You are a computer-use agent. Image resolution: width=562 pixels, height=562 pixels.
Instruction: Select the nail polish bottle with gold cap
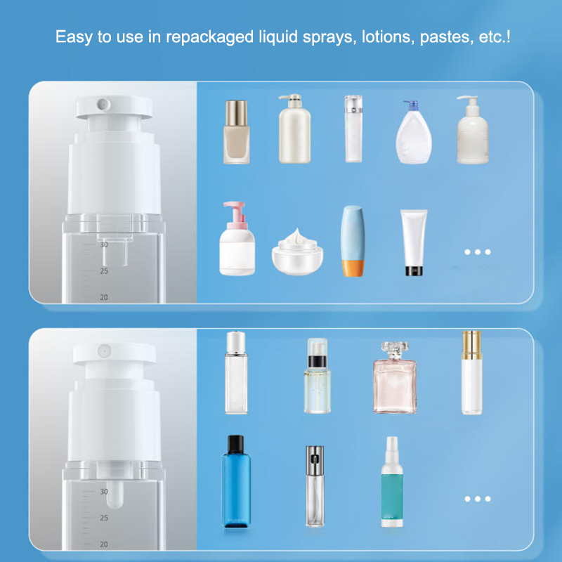click(x=236, y=132)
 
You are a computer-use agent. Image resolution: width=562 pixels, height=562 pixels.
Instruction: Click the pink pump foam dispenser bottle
click(x=237, y=238)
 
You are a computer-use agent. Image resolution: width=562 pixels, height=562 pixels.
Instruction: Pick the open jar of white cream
click(x=297, y=252)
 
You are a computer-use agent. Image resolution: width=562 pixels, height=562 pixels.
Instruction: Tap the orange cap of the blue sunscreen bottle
click(x=353, y=268)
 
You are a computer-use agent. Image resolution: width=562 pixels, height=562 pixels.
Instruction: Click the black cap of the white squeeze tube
click(x=414, y=271)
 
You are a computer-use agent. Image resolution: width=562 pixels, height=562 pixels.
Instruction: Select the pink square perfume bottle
click(x=395, y=377)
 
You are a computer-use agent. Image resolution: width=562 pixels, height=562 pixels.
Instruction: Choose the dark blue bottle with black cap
click(x=237, y=481)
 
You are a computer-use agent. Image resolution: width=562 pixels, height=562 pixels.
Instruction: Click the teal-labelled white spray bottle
click(x=392, y=482)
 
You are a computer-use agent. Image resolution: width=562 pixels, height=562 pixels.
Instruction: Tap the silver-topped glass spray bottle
click(x=315, y=486)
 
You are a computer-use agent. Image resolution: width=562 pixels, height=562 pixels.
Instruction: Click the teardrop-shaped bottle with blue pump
click(x=414, y=132)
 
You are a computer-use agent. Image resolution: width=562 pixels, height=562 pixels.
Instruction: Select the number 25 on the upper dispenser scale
click(x=104, y=271)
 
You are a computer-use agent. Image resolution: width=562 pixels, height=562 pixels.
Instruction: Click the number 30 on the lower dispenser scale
click(x=104, y=491)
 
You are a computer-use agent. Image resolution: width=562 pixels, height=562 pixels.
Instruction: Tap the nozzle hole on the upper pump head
click(x=103, y=104)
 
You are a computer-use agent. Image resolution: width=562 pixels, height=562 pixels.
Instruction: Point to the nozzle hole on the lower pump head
click(x=104, y=351)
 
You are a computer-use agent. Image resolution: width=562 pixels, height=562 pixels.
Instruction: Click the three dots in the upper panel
click(x=478, y=252)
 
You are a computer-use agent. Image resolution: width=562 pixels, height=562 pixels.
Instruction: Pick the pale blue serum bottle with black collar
click(x=318, y=376)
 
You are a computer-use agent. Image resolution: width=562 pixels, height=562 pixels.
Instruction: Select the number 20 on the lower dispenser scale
click(x=104, y=544)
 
